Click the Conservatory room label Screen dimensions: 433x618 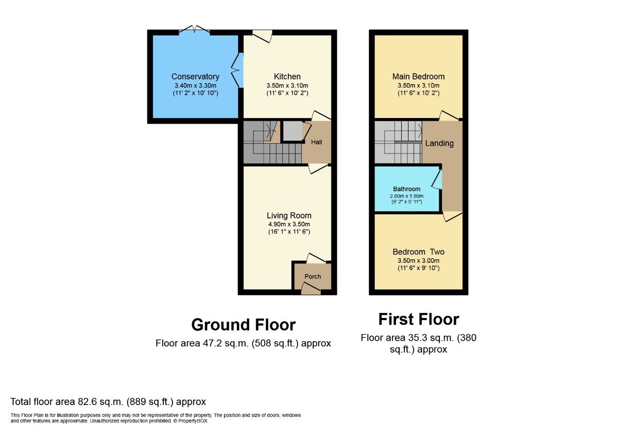pyautogui.click(x=195, y=77)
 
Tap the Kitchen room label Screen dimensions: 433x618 pyautogui.click(x=287, y=76)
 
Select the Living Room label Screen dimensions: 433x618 pyautogui.click(x=289, y=215)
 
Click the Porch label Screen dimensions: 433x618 pyautogui.click(x=313, y=276)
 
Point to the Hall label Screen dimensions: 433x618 pyautogui.click(x=317, y=142)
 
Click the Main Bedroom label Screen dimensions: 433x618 pyautogui.click(x=418, y=76)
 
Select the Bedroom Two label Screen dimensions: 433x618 pyautogui.click(x=418, y=252)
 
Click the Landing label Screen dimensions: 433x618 pyautogui.click(x=439, y=143)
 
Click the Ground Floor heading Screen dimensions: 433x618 pyautogui.click(x=243, y=325)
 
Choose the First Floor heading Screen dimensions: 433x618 pyautogui.click(x=418, y=319)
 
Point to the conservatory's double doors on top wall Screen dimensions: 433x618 pyautogui.click(x=194, y=30)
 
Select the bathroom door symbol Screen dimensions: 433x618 pyautogui.click(x=437, y=180)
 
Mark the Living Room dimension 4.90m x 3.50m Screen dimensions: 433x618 pyautogui.click(x=289, y=224)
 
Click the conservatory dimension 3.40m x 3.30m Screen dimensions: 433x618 pyautogui.click(x=195, y=86)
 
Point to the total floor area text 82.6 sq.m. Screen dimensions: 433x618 pyautogui.click(x=108, y=402)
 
